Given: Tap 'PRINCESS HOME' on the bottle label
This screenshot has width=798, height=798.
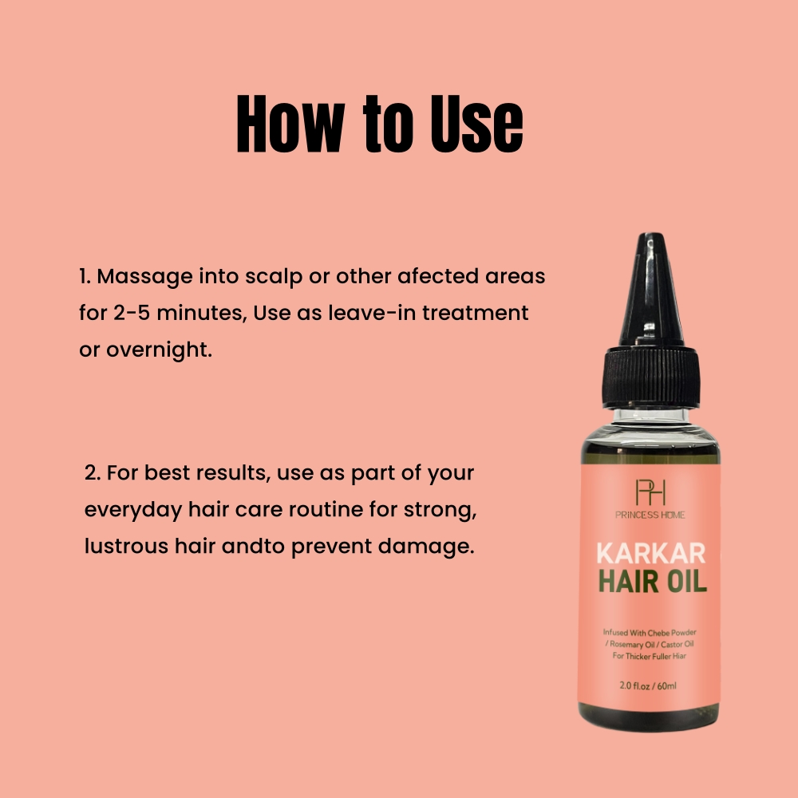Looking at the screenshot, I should [x=650, y=515].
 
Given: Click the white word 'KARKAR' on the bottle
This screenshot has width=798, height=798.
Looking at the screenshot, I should [x=650, y=554].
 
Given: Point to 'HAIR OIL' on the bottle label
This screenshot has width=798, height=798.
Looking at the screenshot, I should [x=651, y=582].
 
